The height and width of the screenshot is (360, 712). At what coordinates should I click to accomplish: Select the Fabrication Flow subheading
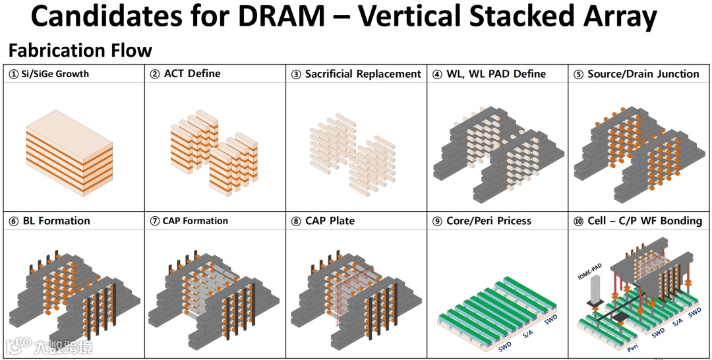pyautogui.click(x=80, y=50)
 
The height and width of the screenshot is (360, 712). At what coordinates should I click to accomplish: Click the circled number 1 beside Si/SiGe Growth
pyautogui.click(x=13, y=74)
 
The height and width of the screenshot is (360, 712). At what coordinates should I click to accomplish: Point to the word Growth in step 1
pyautogui.click(x=73, y=74)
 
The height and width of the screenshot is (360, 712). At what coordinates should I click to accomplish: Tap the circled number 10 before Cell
pyautogui.click(x=579, y=220)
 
